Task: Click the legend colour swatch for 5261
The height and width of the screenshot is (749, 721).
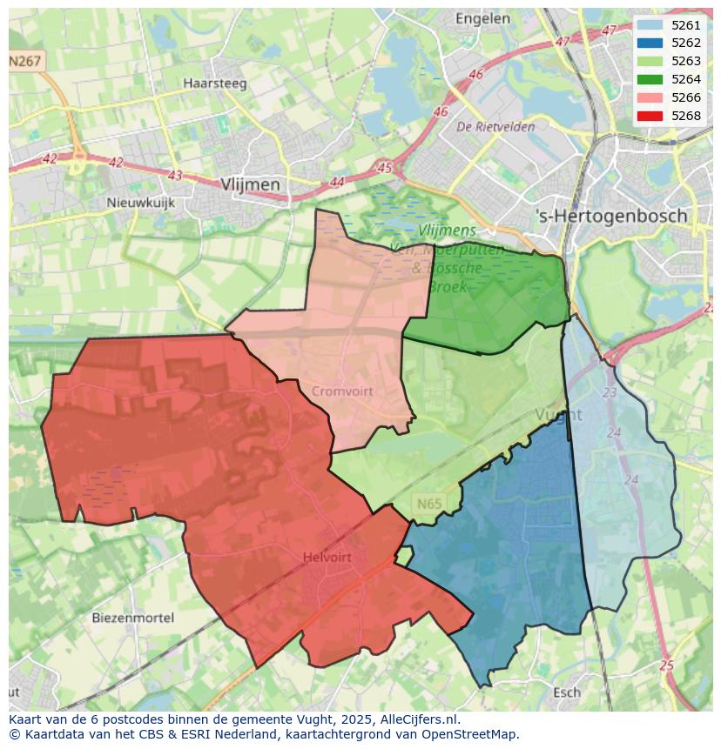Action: [649, 25]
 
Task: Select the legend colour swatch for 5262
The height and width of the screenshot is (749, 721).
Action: [649, 43]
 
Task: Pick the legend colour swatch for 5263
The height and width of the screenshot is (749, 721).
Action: [649, 61]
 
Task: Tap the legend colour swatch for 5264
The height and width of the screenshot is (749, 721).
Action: [649, 79]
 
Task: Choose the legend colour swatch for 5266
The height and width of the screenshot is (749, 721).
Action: [649, 97]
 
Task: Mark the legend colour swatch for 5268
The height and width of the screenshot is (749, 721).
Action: [649, 116]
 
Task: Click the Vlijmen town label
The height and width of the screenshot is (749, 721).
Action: [251, 184]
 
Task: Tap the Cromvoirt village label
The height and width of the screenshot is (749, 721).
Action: [342, 391]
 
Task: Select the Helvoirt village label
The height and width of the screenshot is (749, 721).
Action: [327, 557]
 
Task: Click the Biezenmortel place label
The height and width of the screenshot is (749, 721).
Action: [132, 618]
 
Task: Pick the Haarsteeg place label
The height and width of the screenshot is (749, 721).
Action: [215, 84]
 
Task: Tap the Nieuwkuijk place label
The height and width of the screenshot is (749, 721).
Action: [140, 203]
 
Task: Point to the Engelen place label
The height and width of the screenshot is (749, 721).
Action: [482, 18]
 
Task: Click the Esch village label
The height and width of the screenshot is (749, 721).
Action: [567, 692]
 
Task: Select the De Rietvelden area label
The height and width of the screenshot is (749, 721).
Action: [496, 126]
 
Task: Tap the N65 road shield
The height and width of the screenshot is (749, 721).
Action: [428, 504]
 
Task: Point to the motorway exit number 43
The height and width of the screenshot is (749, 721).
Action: [175, 176]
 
